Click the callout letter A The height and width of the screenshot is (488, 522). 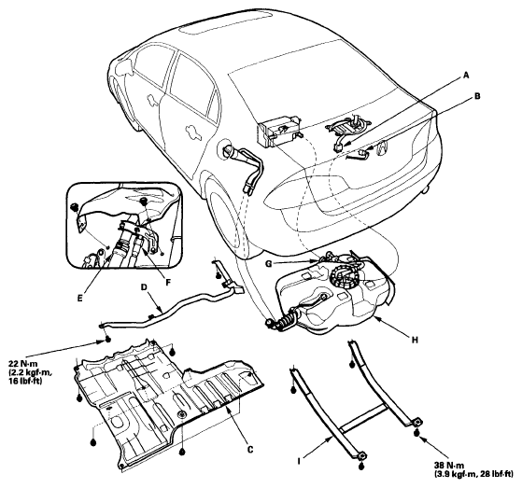(x=466, y=76)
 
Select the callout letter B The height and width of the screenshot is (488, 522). (x=477, y=96)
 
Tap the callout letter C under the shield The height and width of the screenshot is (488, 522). (x=250, y=450)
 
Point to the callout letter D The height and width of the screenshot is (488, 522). (x=144, y=287)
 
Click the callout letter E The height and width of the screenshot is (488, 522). (x=79, y=299)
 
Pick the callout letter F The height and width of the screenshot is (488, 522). (x=168, y=283)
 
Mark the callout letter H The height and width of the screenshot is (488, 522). (x=415, y=340)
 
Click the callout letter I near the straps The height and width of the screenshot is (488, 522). (x=299, y=461)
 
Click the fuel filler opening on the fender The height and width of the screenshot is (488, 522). (x=226, y=148)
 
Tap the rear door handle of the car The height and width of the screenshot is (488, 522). (x=193, y=131)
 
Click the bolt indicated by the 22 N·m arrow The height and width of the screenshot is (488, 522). (x=108, y=340)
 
